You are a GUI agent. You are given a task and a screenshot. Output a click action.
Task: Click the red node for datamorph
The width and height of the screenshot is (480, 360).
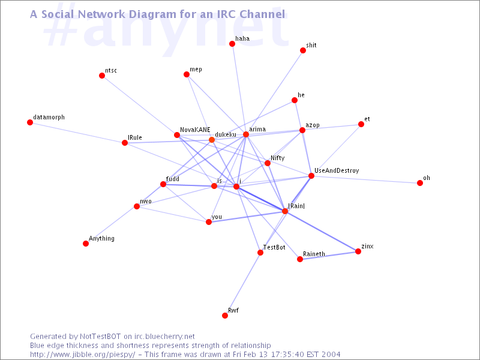click(30, 122)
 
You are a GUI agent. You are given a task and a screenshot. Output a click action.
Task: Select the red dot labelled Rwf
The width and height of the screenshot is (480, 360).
click(225, 316)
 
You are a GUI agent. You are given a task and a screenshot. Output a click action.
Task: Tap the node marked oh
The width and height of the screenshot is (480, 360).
click(420, 183)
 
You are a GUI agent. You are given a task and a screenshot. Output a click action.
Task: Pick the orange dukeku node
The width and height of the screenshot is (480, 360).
click(212, 140)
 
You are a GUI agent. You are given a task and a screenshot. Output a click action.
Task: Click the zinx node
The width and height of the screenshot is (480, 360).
click(358, 251)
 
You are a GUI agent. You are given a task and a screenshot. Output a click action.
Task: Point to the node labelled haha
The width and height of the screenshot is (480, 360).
click(232, 44)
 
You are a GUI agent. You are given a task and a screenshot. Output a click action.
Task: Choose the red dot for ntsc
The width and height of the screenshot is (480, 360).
click(102, 76)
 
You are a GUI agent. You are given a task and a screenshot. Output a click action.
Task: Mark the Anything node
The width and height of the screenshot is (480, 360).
click(86, 244)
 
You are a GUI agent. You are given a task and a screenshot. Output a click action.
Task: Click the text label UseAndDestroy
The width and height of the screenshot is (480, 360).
click(337, 171)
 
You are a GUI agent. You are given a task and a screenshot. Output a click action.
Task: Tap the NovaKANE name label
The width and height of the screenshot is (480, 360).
click(195, 130)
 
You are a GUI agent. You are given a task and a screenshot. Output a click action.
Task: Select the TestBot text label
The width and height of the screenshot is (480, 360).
click(274, 247)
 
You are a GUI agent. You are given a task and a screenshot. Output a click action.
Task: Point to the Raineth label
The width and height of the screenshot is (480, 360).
click(314, 254)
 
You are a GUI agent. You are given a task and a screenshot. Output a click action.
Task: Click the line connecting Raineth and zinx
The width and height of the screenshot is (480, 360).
click(329, 256)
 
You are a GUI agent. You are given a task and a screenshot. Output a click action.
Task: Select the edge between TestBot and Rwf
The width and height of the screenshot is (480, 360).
click(242, 284)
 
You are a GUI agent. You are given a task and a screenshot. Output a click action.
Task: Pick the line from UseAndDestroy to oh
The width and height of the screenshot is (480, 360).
click(365, 179)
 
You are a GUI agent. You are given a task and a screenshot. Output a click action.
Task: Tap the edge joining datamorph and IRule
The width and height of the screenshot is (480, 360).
click(77, 133)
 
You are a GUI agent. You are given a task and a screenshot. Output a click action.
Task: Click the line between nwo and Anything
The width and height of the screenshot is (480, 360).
click(111, 225)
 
